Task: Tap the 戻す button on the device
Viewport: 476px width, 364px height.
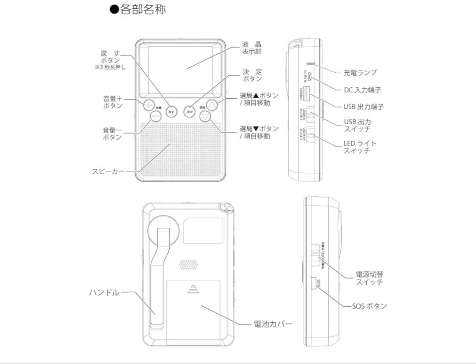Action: pyautogui.click(x=171, y=112)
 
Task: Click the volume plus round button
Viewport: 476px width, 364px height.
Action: pyautogui.click(x=149, y=105)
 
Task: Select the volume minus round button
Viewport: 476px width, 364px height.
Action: pyautogui.click(x=156, y=116)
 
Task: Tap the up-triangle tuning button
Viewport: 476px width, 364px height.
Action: pyautogui.click(x=213, y=105)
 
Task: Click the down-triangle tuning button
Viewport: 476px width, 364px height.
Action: pyautogui.click(x=205, y=116)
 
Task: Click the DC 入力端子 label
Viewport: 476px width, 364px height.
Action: pyautogui.click(x=362, y=90)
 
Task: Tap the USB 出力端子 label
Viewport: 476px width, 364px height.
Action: pyautogui.click(x=364, y=107)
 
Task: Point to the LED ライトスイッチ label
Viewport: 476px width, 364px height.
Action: pyautogui.click(x=360, y=147)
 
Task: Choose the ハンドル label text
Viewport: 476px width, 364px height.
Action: pyautogui.click(x=104, y=293)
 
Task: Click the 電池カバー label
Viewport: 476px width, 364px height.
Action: pyautogui.click(x=272, y=324)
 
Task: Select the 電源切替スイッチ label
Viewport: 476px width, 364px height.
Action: pyautogui.click(x=369, y=278)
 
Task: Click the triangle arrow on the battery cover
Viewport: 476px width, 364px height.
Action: pyautogui.click(x=193, y=285)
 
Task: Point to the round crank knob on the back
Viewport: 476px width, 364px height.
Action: pyautogui.click(x=163, y=229)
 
